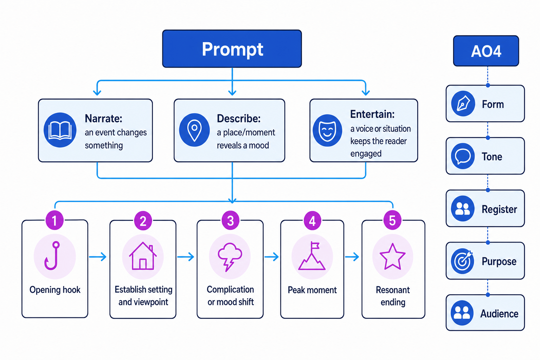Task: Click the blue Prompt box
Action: (232, 49)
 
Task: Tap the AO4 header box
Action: (486, 51)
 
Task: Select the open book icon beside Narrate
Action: (60, 130)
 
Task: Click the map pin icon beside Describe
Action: (194, 130)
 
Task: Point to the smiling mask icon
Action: (327, 130)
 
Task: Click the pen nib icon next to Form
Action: (463, 104)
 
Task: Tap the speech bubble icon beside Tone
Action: (463, 156)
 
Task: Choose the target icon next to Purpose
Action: (463, 261)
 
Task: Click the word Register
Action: (499, 209)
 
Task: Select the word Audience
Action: (499, 314)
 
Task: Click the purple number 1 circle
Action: (55, 220)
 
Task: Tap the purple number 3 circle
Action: (231, 220)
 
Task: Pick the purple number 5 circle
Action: (392, 220)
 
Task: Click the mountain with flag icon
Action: (312, 256)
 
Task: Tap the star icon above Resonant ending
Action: (392, 257)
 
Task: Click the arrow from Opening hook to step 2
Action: (98, 257)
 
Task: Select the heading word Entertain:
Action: (372, 114)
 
